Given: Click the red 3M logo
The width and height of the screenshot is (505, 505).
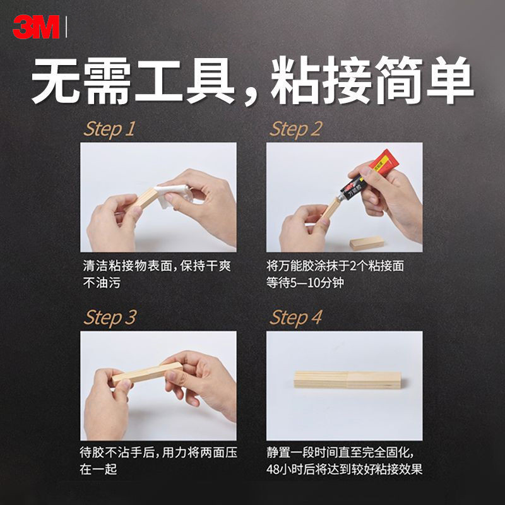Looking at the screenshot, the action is click(36, 27).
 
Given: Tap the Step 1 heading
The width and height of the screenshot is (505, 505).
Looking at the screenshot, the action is click(109, 129).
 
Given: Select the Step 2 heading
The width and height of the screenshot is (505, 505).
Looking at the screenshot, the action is click(295, 129).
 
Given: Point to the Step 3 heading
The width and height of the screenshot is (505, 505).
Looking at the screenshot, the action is click(109, 318).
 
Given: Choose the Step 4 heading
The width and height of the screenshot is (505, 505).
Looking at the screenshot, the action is click(295, 318).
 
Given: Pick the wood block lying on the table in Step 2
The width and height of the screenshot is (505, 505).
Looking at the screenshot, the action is click(367, 243).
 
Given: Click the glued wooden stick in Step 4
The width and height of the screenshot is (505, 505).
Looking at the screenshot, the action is click(348, 380).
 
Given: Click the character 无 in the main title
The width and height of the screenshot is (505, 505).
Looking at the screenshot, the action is click(56, 81).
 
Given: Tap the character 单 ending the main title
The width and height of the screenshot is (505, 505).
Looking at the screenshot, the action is click(450, 80).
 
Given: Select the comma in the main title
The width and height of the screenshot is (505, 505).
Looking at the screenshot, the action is click(251, 95).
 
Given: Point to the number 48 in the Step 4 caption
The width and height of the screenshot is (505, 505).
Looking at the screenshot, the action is click(273, 469).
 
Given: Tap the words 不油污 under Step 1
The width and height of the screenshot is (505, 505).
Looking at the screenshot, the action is click(102, 283).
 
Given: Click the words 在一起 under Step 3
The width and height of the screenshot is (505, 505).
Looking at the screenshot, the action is click(98, 469).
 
